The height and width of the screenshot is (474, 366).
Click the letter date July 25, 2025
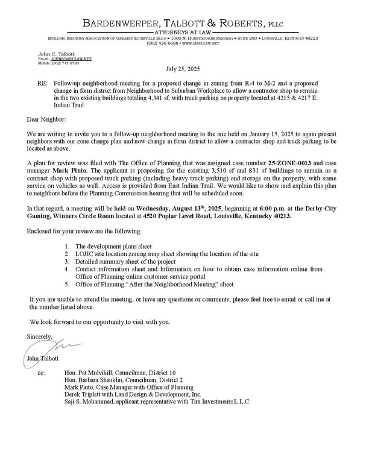point(183,69)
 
